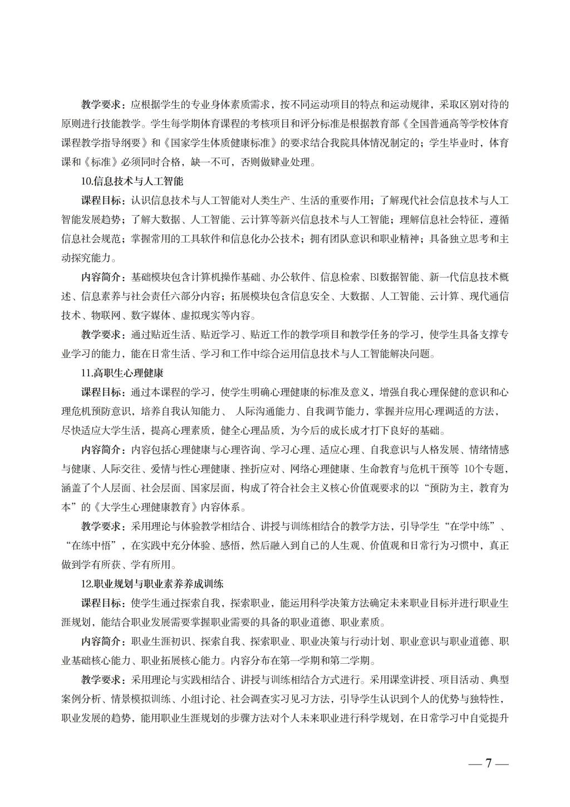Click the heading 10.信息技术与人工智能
(132, 181)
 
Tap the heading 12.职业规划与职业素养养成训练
(152, 584)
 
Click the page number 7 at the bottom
(488, 763)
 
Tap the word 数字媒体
(154, 315)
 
